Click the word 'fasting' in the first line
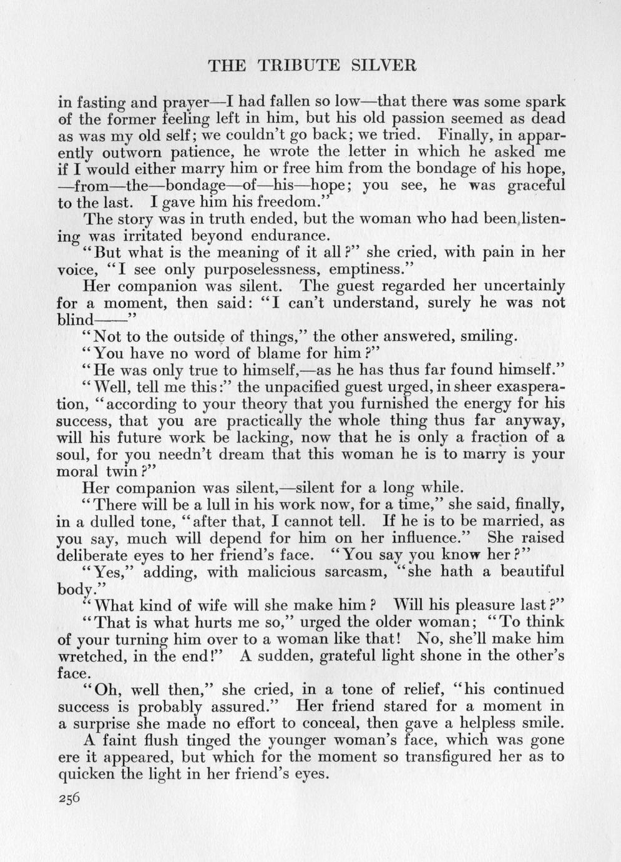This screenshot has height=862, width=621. tap(100, 102)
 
